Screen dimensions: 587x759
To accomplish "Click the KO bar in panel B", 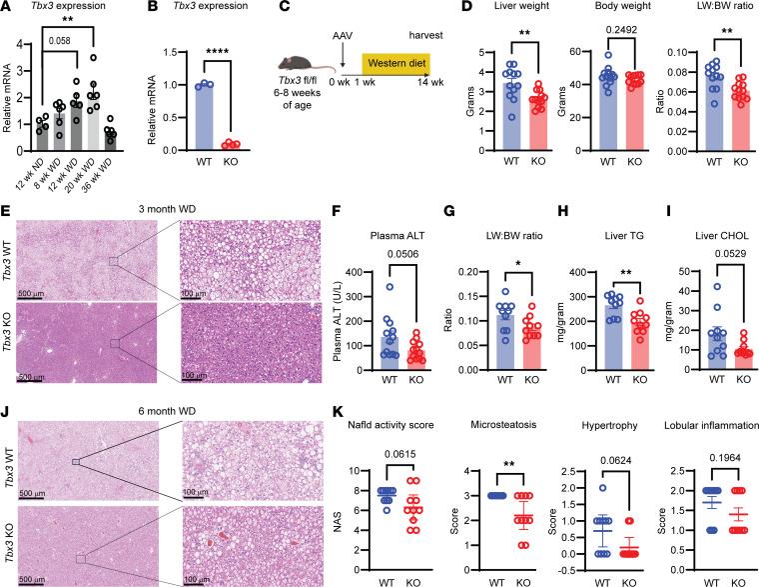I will (231, 148).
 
